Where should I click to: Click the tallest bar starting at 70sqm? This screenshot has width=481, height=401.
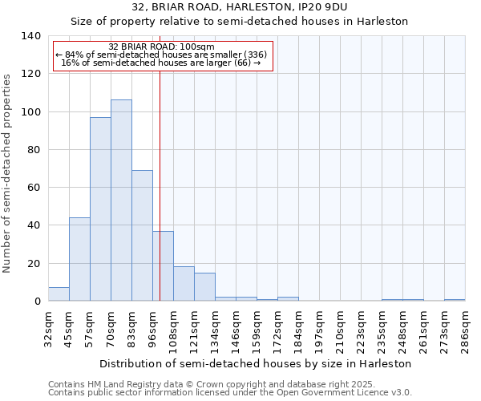point(121,200)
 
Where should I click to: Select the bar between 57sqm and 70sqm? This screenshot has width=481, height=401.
point(100,209)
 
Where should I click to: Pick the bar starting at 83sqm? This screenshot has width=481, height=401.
point(142,236)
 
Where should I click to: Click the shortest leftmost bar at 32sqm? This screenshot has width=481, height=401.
point(59,294)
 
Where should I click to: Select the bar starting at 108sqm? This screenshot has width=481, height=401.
point(184,284)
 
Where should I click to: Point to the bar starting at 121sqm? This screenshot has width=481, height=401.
point(204,287)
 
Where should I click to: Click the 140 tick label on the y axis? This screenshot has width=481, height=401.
point(30,36)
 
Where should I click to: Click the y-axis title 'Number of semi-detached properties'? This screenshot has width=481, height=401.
point(8,172)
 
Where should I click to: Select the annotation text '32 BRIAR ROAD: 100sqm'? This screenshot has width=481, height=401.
point(161,47)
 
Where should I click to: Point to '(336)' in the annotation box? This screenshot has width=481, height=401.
point(255,55)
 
